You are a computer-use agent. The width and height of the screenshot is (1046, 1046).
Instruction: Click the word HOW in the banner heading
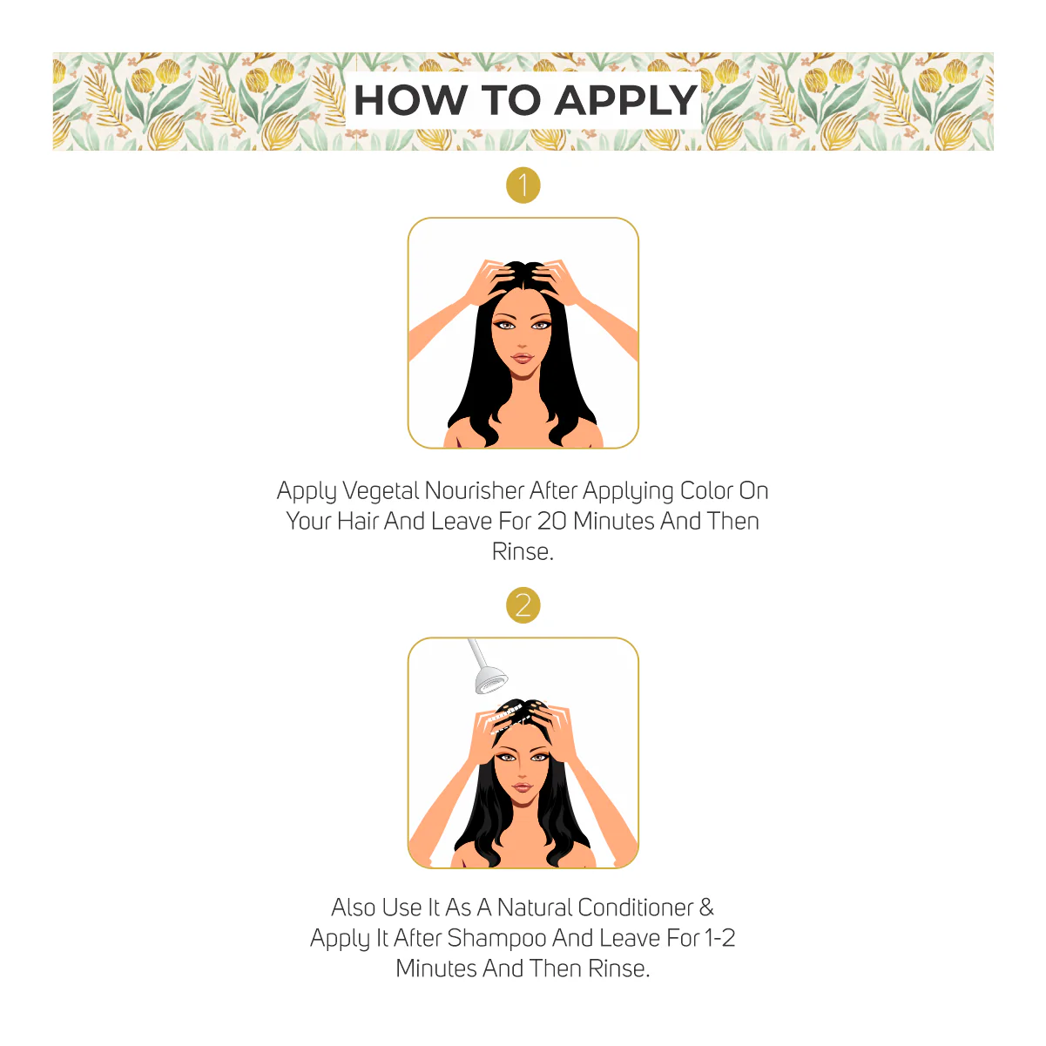(x=410, y=100)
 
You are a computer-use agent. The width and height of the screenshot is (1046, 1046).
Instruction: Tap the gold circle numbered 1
(x=523, y=186)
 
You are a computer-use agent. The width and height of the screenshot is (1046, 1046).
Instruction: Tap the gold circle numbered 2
(x=523, y=604)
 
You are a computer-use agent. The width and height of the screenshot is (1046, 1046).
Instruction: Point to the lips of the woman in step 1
(x=523, y=358)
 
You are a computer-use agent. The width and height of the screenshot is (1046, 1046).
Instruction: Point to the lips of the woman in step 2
(x=523, y=787)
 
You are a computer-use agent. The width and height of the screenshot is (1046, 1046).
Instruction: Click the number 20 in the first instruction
(x=552, y=521)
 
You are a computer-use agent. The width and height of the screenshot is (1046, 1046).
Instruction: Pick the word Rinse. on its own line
(x=523, y=551)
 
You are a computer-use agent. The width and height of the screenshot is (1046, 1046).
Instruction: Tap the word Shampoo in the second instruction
(x=496, y=939)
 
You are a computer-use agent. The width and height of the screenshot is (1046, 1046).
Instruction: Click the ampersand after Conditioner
(x=706, y=907)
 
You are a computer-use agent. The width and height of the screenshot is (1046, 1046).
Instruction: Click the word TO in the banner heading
(x=510, y=100)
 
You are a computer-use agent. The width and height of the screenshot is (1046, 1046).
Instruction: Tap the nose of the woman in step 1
(x=523, y=342)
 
